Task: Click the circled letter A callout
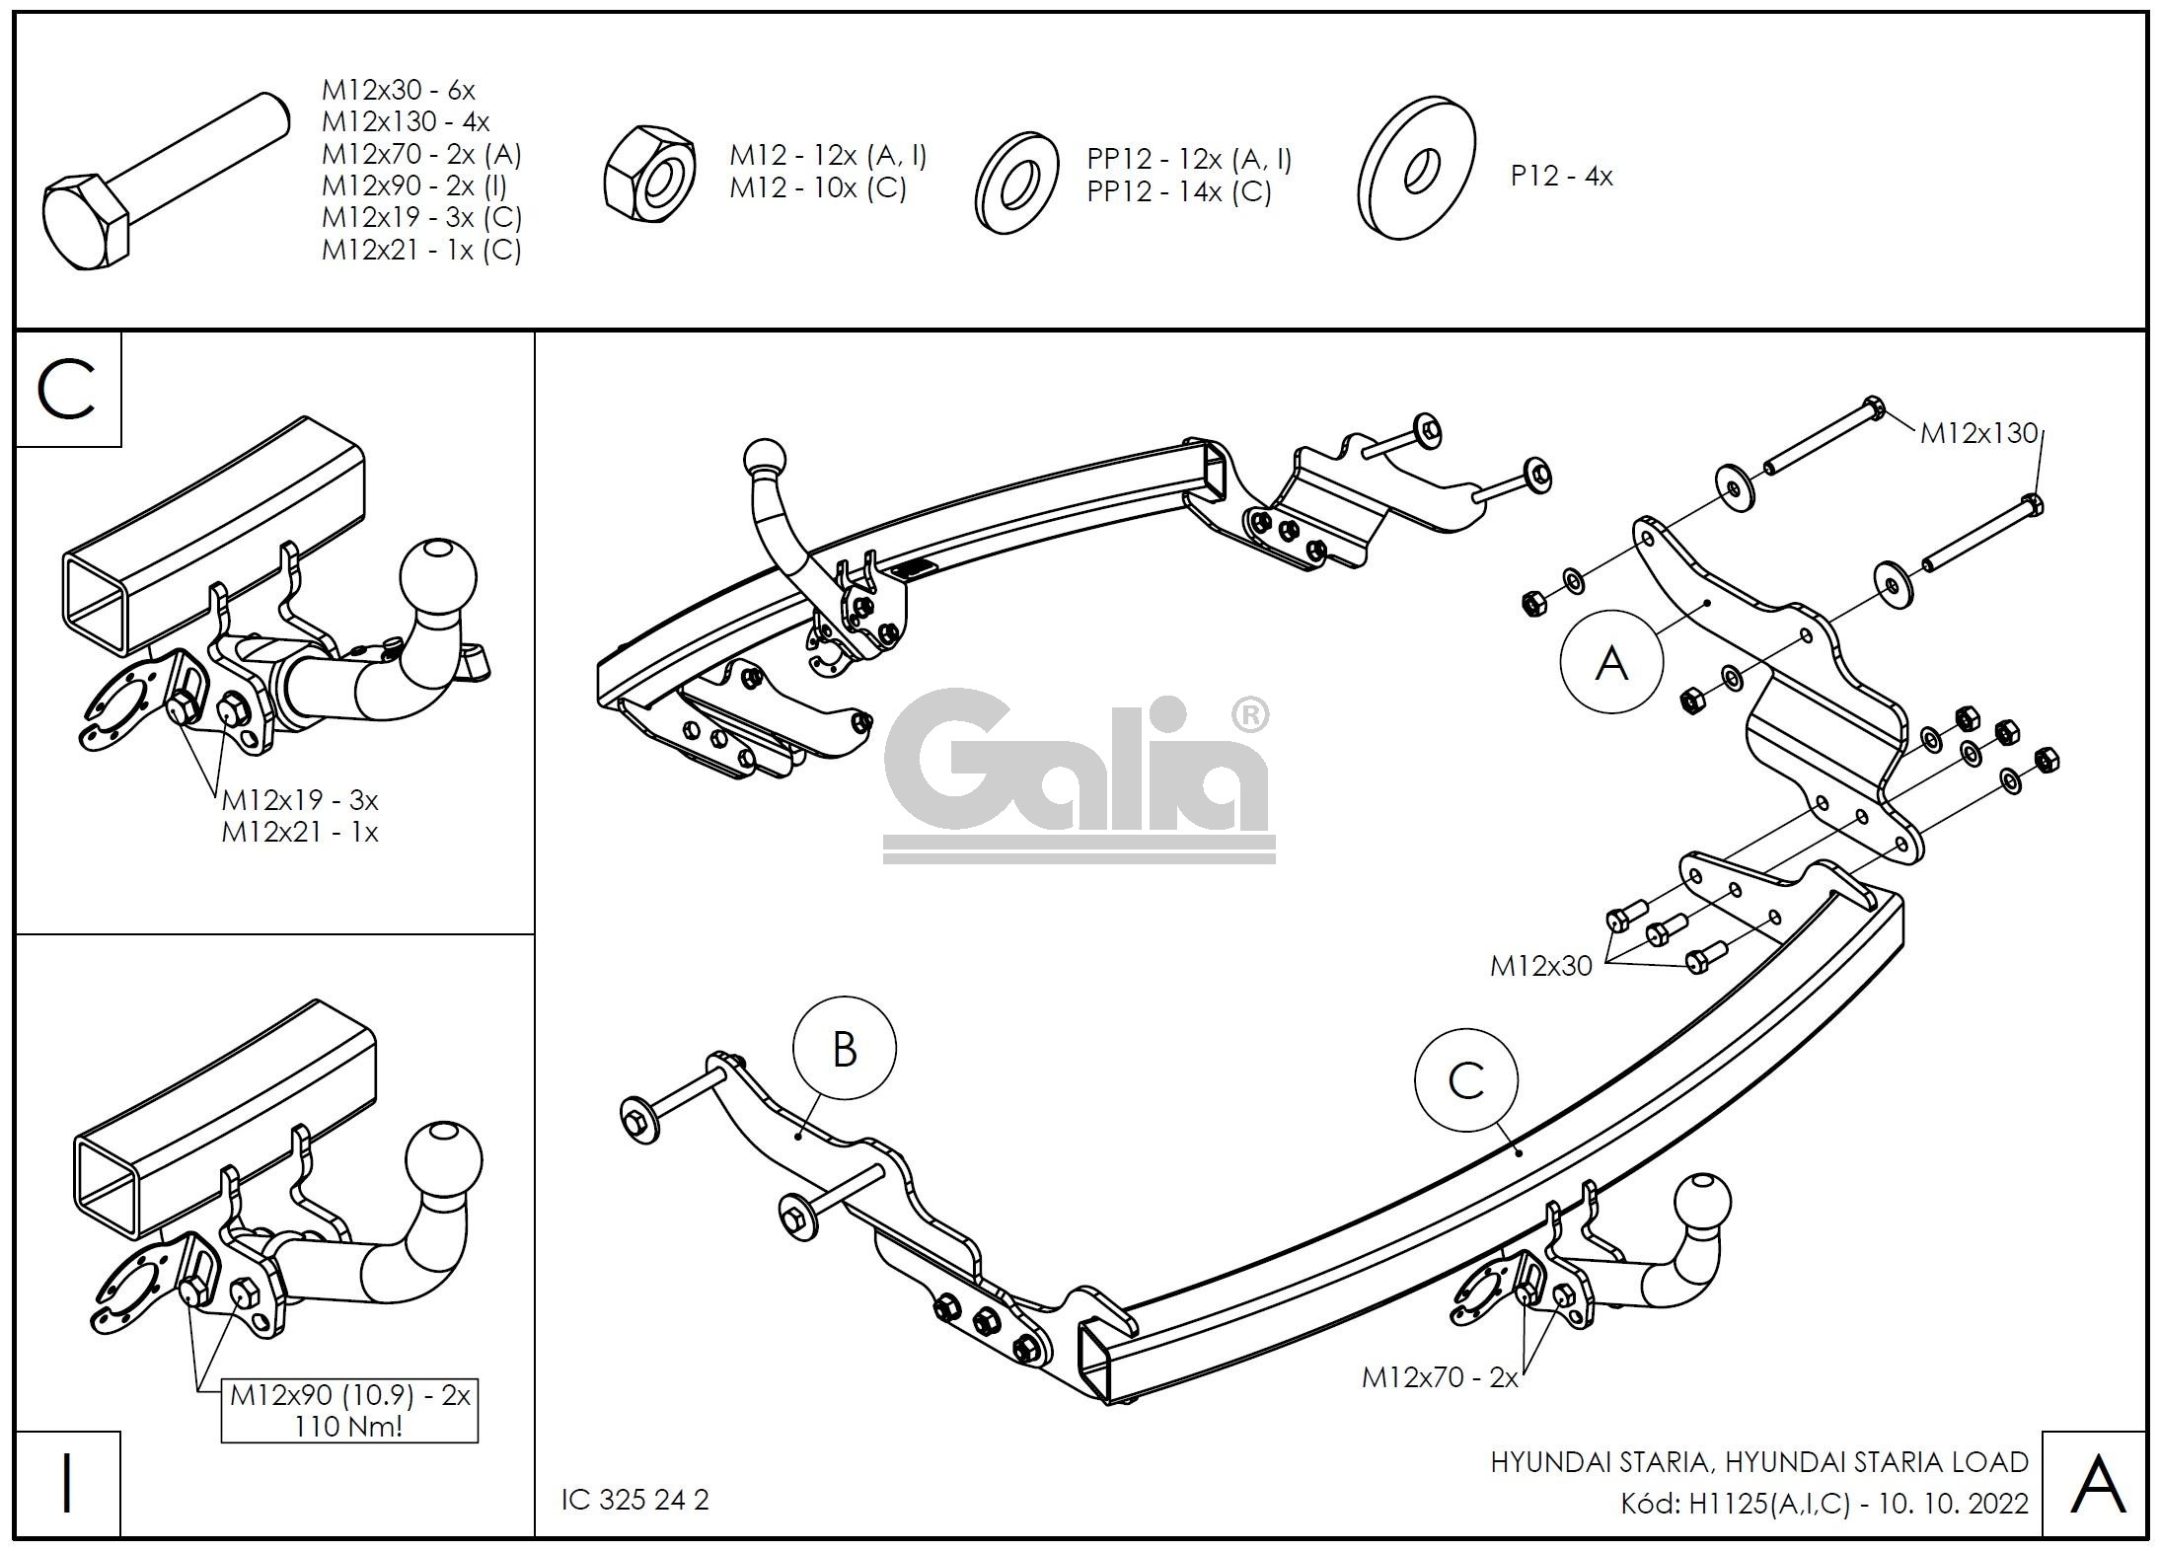click(x=1610, y=662)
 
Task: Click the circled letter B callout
click(x=845, y=1049)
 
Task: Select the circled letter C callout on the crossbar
click(x=1465, y=1080)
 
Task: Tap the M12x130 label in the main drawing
click(x=1977, y=433)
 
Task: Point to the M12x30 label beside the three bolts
click(x=1540, y=966)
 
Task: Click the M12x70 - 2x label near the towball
click(x=1440, y=1377)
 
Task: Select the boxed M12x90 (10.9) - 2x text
click(x=350, y=1396)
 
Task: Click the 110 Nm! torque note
click(x=349, y=1427)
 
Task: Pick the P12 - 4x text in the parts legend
click(x=1561, y=177)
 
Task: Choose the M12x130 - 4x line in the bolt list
click(x=406, y=122)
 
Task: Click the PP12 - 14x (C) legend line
click(x=1179, y=191)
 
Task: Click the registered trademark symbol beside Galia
click(x=1250, y=716)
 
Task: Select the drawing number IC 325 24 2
click(x=635, y=1500)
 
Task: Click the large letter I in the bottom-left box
click(x=67, y=1483)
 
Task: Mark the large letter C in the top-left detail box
click(x=67, y=389)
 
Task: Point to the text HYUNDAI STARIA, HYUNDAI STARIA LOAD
click(x=1758, y=1461)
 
